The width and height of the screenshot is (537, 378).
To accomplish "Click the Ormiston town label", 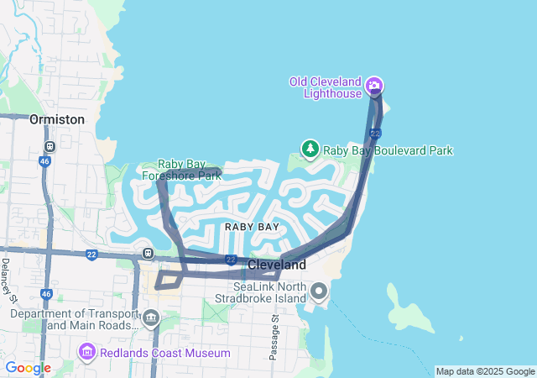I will (x=57, y=119).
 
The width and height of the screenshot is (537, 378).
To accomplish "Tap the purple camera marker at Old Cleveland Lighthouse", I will (x=375, y=85).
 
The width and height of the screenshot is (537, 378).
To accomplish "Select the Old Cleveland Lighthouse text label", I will (x=326, y=87).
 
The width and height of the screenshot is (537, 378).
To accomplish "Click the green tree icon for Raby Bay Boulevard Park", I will (x=310, y=150).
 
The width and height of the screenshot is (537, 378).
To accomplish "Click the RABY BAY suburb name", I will (x=252, y=227).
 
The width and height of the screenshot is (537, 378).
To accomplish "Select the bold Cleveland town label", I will (x=277, y=265).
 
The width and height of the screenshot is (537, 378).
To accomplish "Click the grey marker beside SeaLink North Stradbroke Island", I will (x=319, y=291).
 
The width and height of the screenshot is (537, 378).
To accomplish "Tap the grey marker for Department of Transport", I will (x=151, y=318).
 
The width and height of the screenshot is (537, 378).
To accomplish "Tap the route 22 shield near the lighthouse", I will (x=375, y=134).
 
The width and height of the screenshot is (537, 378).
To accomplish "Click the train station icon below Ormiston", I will (x=50, y=145).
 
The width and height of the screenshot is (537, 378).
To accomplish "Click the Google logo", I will (x=28, y=368).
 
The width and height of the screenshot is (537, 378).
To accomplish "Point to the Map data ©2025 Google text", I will (x=485, y=371).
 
